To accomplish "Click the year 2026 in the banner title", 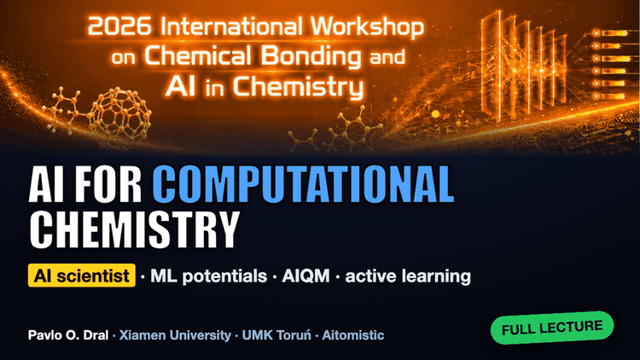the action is tap(119, 26).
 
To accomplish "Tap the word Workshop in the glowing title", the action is tap(367, 27).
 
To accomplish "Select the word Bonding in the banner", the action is tap(311, 56).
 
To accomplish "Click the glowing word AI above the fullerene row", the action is tap(180, 86).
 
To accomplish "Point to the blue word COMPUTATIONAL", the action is tap(303, 184).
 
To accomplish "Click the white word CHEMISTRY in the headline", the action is tap(134, 229).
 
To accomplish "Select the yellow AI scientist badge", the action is tap(82, 276).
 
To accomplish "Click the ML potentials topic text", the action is tap(208, 276).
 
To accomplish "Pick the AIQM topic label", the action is tap(305, 276).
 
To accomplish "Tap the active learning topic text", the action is tap(408, 276).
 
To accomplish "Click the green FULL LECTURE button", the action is tap(552, 328).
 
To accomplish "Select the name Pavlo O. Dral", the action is tap(68, 335).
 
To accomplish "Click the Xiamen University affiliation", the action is tap(175, 335).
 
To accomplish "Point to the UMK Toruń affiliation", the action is tap(276, 335).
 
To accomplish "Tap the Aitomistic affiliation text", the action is tap(353, 335).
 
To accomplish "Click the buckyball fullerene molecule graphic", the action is tap(121, 113).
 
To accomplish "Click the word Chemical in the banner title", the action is tap(198, 56).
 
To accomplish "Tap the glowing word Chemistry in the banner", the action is tap(299, 87).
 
